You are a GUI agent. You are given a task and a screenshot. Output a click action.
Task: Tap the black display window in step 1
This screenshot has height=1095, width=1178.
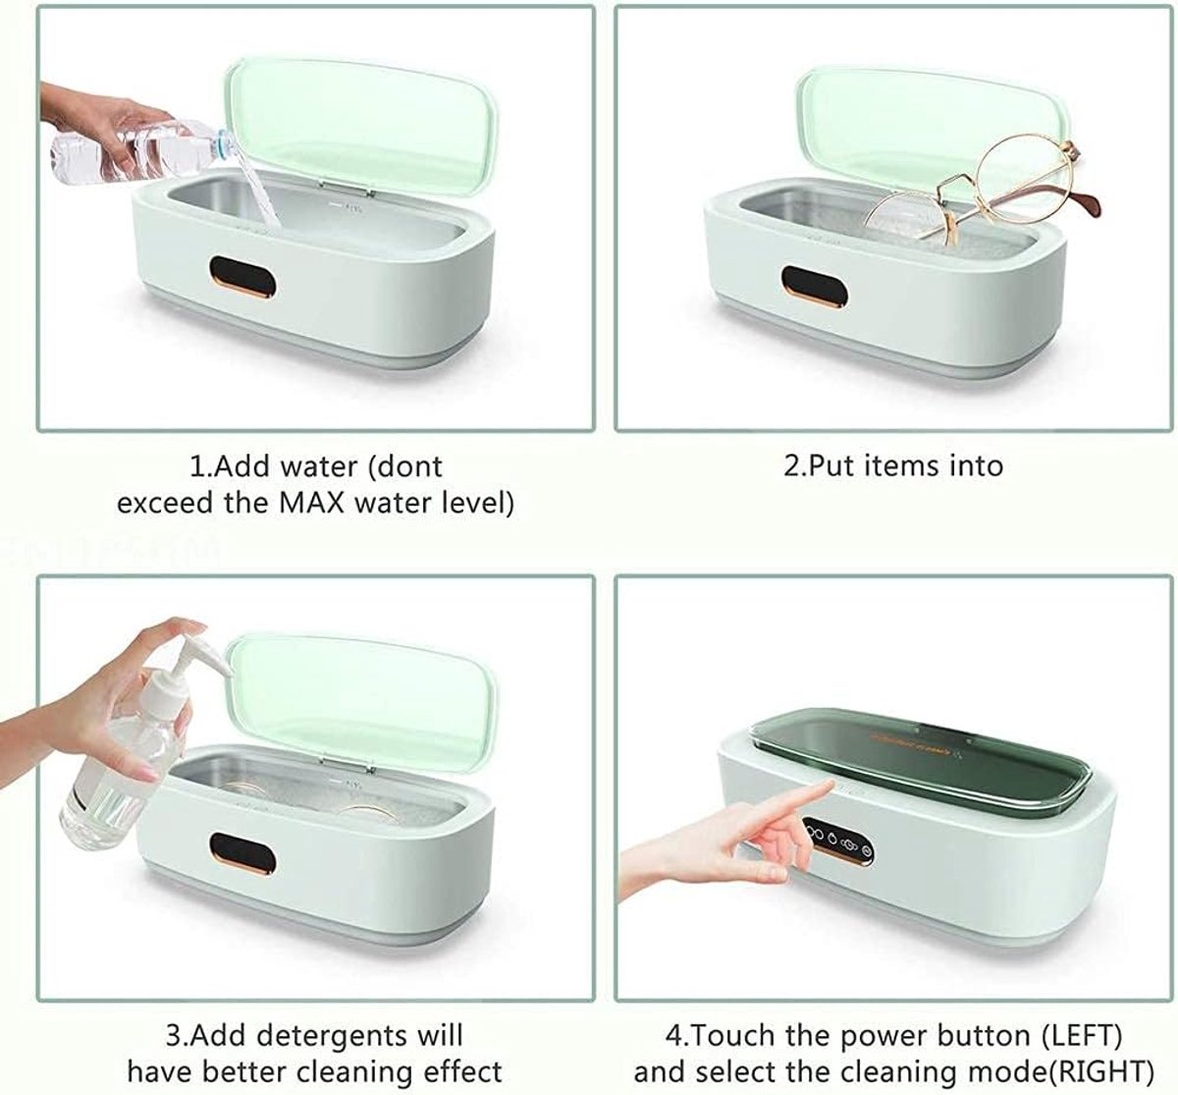[x=242, y=277]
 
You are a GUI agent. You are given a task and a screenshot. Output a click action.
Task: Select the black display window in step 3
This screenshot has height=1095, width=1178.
[x=243, y=854]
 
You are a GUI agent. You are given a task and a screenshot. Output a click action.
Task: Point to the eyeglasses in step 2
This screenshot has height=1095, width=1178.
[x=985, y=189]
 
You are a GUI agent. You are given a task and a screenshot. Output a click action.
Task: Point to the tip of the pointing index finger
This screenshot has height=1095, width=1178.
[x=830, y=784]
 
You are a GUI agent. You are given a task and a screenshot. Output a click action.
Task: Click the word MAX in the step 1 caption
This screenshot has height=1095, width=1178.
[x=312, y=503]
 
